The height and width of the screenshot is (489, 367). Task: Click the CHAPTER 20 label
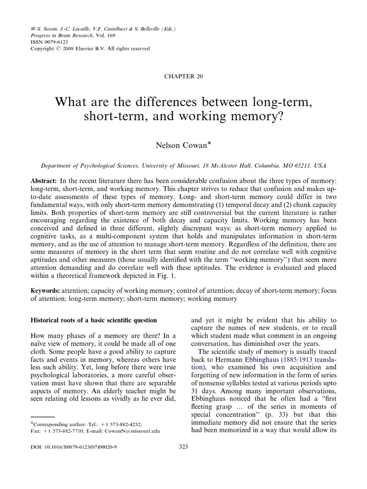(x=183, y=77)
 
